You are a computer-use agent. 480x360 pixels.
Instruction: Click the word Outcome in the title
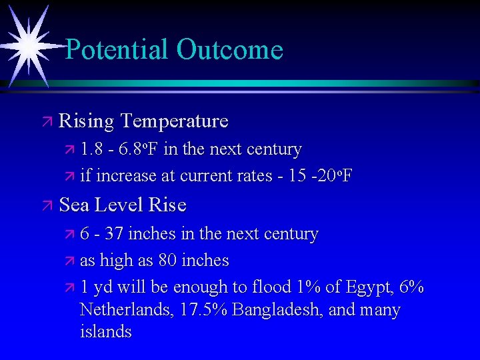point(230,49)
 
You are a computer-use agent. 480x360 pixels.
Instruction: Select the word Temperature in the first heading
point(174,121)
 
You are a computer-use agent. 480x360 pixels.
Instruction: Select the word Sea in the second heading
point(74,205)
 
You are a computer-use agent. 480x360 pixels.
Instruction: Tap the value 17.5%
point(203,310)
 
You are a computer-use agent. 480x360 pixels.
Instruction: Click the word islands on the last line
point(105,331)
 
